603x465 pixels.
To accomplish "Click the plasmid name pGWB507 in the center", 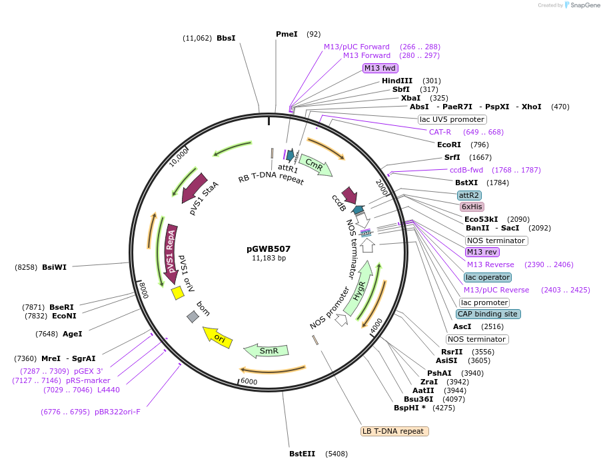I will click(269, 248).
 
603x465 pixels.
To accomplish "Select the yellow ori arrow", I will click(217, 335).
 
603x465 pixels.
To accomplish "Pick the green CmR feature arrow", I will click(314, 165).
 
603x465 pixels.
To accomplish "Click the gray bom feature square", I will click(193, 316).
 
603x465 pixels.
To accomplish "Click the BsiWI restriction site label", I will click(54, 267).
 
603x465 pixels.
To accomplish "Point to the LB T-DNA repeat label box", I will click(394, 431).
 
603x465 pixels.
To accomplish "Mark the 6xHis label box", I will click(472, 207).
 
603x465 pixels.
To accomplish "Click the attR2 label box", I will click(469, 195).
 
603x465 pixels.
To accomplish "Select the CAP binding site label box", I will click(488, 314).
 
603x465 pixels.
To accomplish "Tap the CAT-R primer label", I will click(440, 132).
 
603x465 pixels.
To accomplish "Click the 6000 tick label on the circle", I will click(249, 381).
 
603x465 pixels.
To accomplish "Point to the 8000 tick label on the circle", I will click(143, 290).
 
